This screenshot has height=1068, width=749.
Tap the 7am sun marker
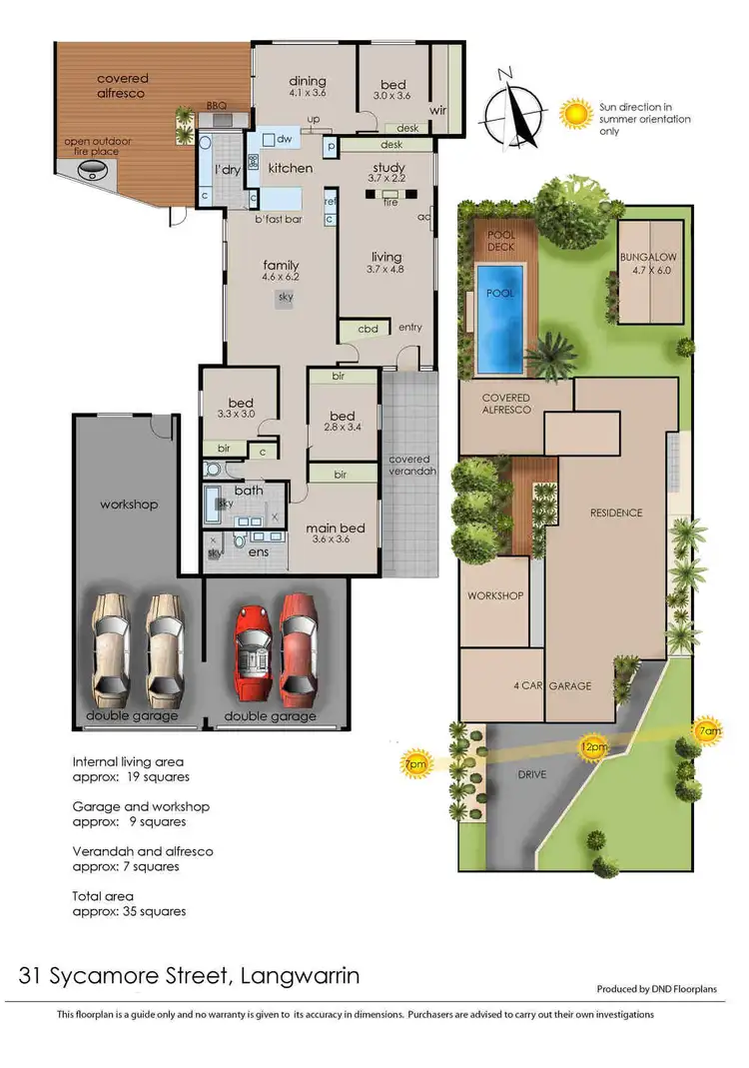[x=708, y=730]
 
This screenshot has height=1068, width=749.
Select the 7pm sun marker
[x=413, y=765]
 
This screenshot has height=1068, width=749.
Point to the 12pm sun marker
[x=594, y=745]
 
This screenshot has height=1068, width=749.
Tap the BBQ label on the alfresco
[x=216, y=104]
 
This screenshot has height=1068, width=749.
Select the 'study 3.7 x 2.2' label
[x=387, y=173]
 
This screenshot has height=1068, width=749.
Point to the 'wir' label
[x=437, y=110]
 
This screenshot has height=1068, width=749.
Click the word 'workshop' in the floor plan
[x=128, y=505]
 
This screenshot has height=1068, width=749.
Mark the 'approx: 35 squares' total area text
[x=129, y=911]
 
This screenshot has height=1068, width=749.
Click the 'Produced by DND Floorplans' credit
[x=664, y=989]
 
